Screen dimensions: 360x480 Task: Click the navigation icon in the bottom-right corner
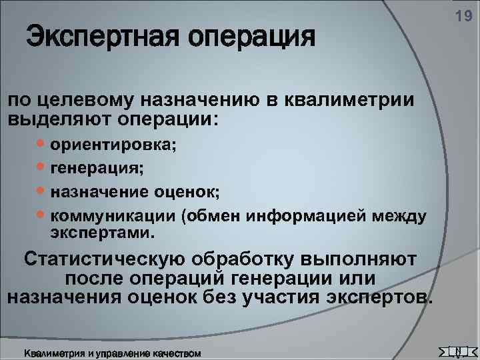459,351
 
